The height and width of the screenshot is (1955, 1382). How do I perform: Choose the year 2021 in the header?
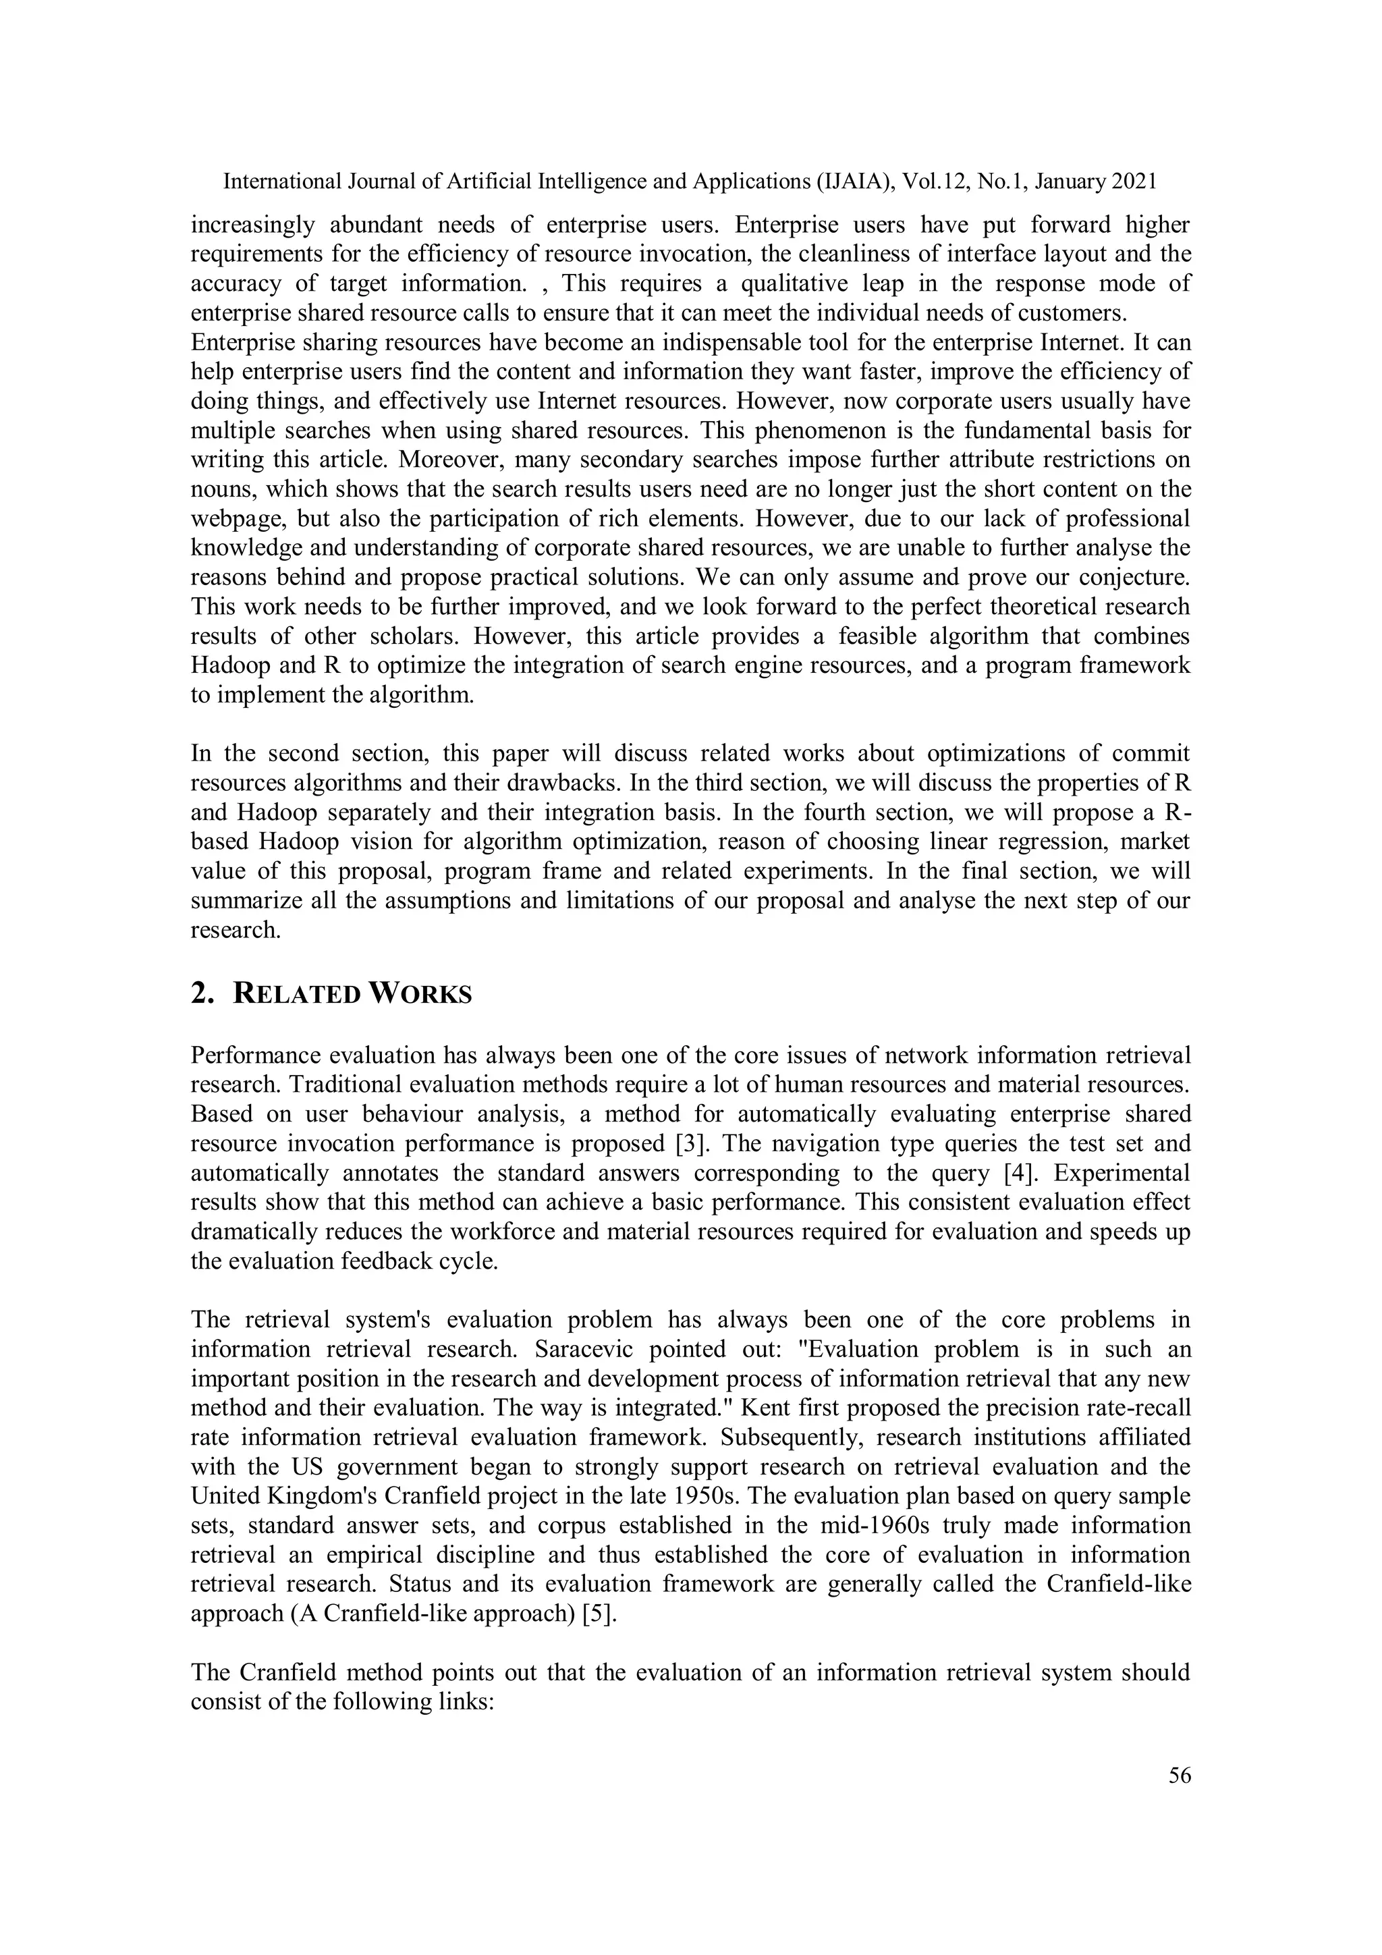coord(1132,182)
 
